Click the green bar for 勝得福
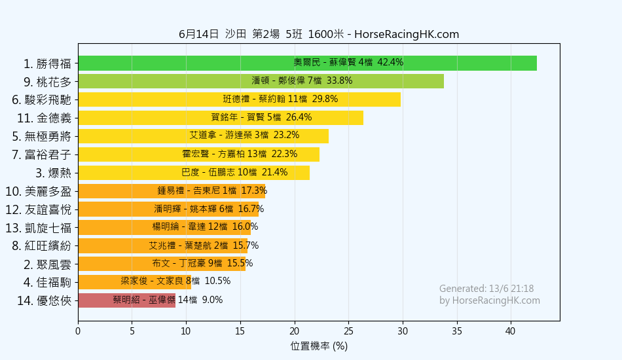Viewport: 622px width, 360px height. click(x=307, y=63)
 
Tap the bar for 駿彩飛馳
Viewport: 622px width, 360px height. click(x=239, y=99)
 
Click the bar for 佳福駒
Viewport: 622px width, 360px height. click(x=134, y=282)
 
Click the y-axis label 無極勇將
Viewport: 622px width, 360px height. click(x=47, y=137)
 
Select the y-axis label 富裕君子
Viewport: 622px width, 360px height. click(x=47, y=155)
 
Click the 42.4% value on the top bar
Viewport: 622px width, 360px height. click(x=390, y=63)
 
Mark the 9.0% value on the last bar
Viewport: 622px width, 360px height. click(x=212, y=300)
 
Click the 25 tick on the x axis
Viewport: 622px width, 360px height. click(x=348, y=331)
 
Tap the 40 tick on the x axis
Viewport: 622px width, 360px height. click(x=511, y=331)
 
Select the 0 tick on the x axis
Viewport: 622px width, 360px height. click(x=78, y=331)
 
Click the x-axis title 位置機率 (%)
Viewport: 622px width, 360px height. click(x=319, y=346)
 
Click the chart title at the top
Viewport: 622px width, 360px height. click(x=318, y=35)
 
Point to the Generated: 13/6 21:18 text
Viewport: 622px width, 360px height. click(x=486, y=289)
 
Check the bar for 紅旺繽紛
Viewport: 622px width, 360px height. click(x=164, y=246)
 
